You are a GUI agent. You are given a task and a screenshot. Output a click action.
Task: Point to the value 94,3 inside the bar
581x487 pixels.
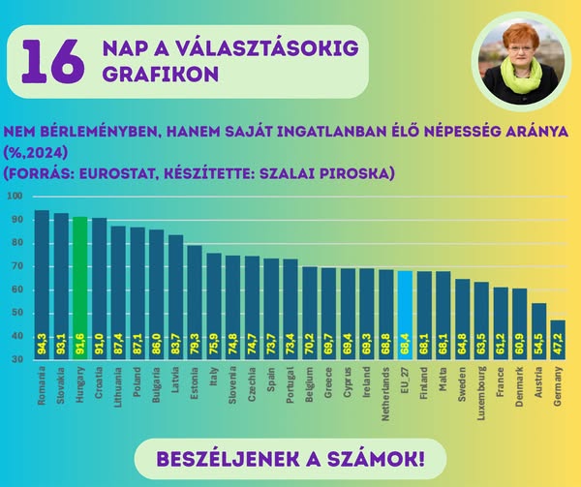pos(43,343)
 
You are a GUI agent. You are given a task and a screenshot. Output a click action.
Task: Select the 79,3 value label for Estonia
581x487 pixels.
pos(195,343)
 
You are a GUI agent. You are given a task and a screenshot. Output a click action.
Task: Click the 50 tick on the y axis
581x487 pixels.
pos(17,313)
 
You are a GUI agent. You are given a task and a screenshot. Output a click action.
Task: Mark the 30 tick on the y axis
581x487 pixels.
pos(17,359)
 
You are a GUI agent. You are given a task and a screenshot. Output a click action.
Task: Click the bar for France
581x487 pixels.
pos(501,323)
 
